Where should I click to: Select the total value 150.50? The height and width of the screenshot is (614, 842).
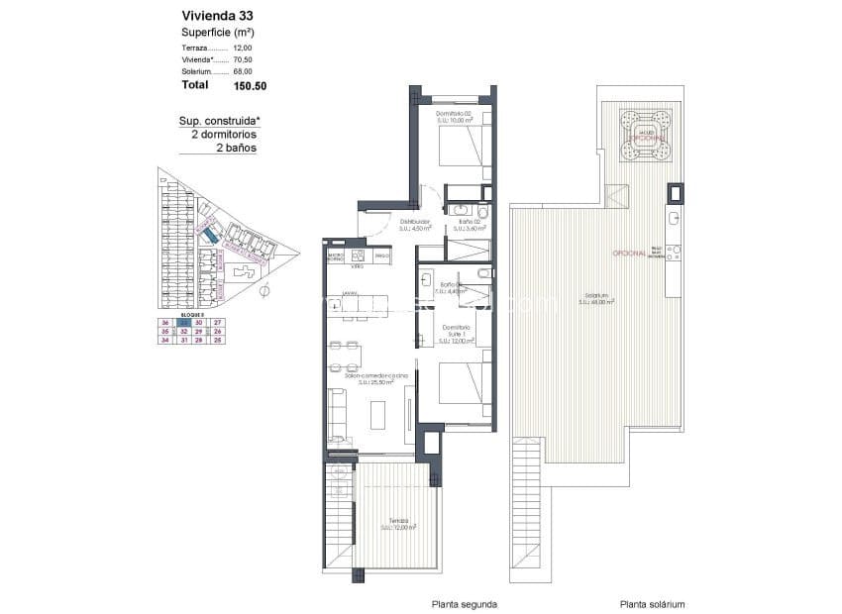click(x=250, y=86)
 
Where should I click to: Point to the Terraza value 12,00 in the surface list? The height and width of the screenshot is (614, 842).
click(x=243, y=47)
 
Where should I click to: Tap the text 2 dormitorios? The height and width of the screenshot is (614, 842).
click(x=217, y=134)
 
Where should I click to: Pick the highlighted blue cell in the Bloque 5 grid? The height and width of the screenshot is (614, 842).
click(x=183, y=323)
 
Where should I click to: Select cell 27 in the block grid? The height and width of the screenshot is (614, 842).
click(x=218, y=323)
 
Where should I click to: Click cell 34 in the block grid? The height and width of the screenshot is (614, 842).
click(x=165, y=340)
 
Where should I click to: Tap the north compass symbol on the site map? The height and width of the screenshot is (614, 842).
click(x=264, y=292)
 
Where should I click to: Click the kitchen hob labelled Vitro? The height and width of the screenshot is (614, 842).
click(x=357, y=259)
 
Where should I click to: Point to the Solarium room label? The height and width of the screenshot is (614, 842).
click(x=596, y=297)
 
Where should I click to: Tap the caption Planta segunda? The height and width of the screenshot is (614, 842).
click(x=464, y=603)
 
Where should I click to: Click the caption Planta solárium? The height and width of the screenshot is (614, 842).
click(x=652, y=603)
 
